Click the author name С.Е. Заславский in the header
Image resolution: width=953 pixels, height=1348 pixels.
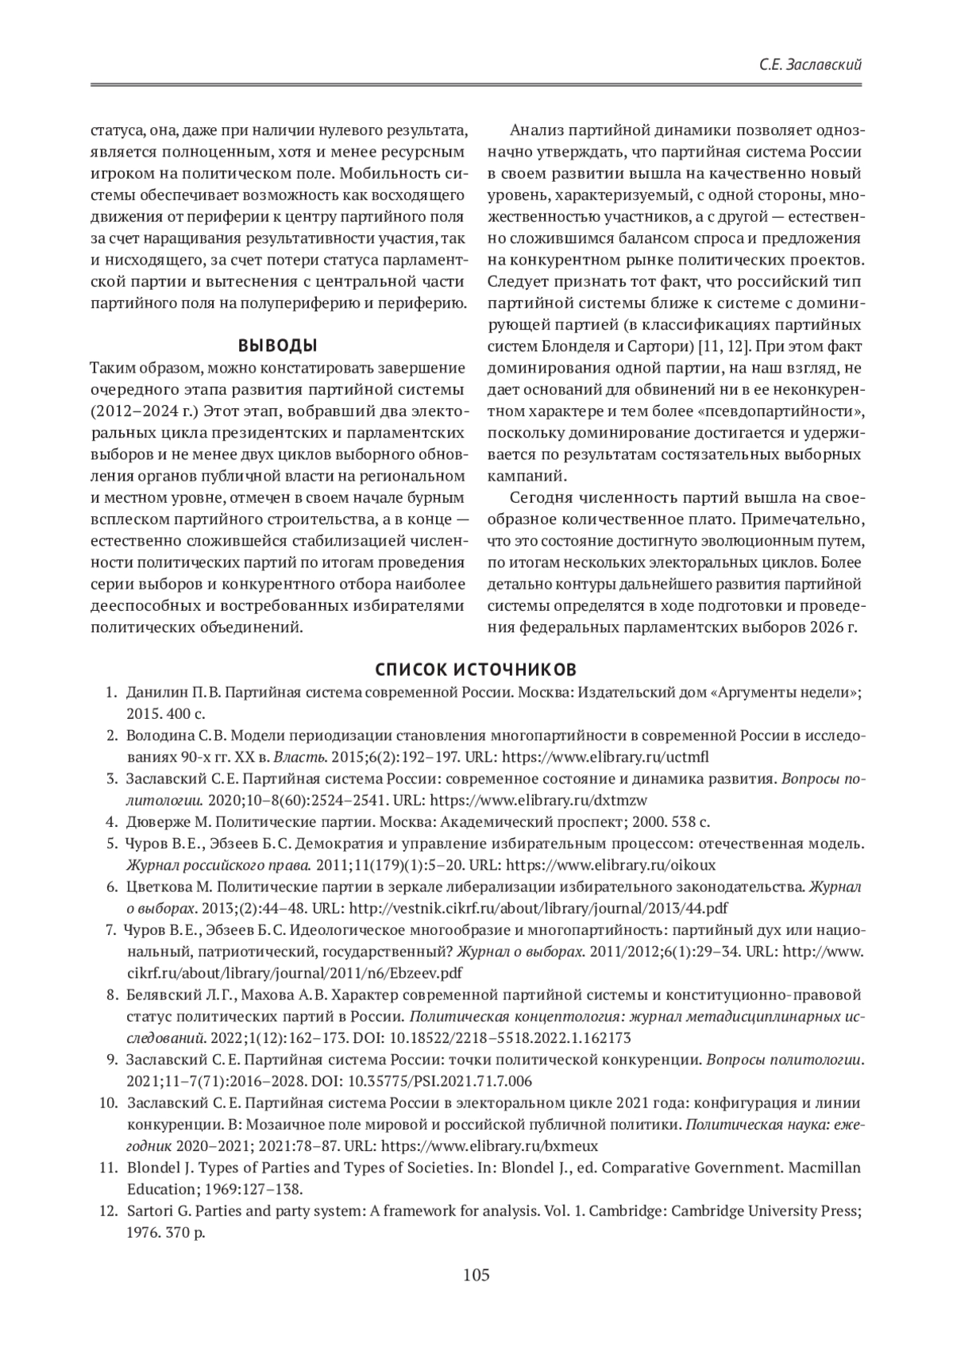(x=810, y=65)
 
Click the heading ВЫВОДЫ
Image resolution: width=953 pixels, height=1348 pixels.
(x=277, y=346)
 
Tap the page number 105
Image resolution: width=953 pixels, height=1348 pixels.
(x=476, y=1276)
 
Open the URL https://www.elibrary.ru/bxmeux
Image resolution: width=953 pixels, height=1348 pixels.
(x=489, y=1146)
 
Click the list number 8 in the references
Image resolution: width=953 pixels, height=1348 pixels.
(x=112, y=995)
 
